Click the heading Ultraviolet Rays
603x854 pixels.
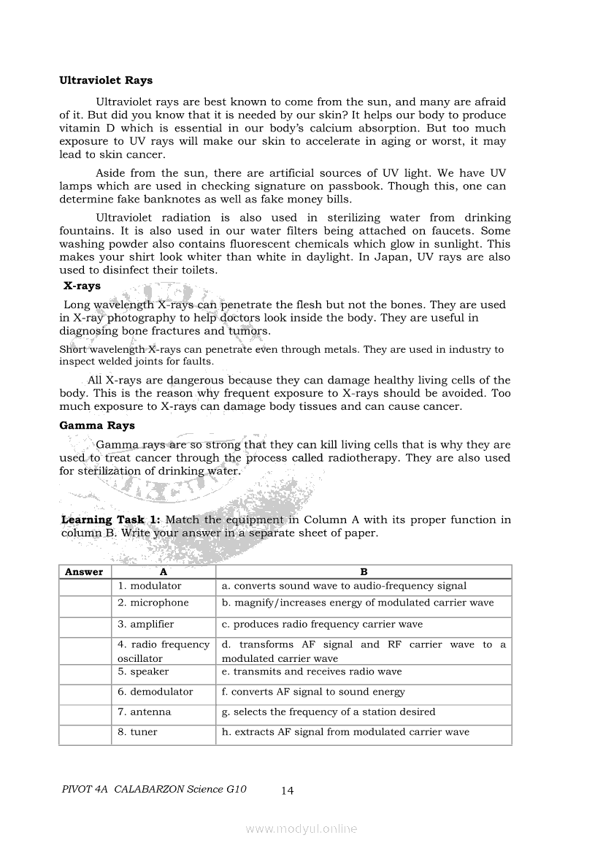[106, 80]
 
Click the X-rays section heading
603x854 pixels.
[82, 286]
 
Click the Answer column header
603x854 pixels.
[84, 572]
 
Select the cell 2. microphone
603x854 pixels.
[153, 603]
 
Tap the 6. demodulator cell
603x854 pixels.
[155, 692]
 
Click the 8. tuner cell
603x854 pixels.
[137, 732]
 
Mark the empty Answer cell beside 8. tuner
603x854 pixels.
[85, 733]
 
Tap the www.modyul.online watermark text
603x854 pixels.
[301, 828]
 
